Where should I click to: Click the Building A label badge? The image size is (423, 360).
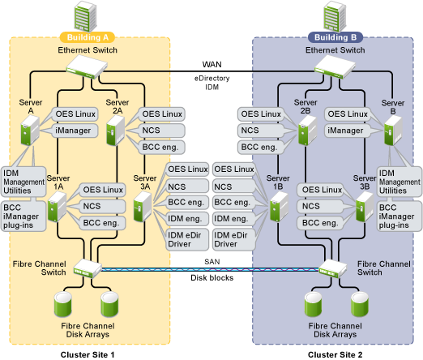pyautogui.click(x=88, y=37)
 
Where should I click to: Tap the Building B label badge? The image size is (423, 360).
pyautogui.click(x=335, y=37)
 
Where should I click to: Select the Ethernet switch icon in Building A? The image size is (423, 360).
pyautogui.click(x=87, y=66)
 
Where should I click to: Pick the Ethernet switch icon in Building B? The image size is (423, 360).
pyautogui.click(x=335, y=66)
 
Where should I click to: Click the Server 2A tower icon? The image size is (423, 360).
pyautogui.click(x=116, y=131)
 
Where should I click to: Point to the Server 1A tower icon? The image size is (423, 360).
pyautogui.click(x=58, y=207)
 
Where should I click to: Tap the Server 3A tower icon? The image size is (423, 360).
pyautogui.click(x=143, y=207)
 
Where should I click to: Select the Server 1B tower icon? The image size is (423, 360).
pyautogui.click(x=280, y=207)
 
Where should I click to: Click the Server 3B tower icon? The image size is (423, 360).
pyautogui.click(x=365, y=207)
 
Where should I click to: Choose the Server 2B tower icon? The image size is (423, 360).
pyautogui.click(x=308, y=131)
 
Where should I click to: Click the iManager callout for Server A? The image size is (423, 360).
pyautogui.click(x=74, y=131)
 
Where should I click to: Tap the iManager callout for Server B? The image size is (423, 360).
pyautogui.click(x=347, y=131)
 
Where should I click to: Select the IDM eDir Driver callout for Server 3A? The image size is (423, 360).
pyautogui.click(x=187, y=239)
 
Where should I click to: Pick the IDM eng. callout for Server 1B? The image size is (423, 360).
pyautogui.click(x=233, y=219)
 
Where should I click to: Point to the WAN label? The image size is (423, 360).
pyautogui.click(x=212, y=65)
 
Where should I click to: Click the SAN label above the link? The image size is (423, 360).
pyautogui.click(x=212, y=262)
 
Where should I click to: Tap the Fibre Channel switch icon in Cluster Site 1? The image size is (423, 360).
pyautogui.click(x=88, y=268)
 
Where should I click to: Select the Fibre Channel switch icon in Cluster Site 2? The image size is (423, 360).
pyautogui.click(x=332, y=268)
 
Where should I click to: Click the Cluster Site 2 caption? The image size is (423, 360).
pyautogui.click(x=335, y=354)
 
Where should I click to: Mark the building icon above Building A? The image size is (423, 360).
pyautogui.click(x=85, y=17)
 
